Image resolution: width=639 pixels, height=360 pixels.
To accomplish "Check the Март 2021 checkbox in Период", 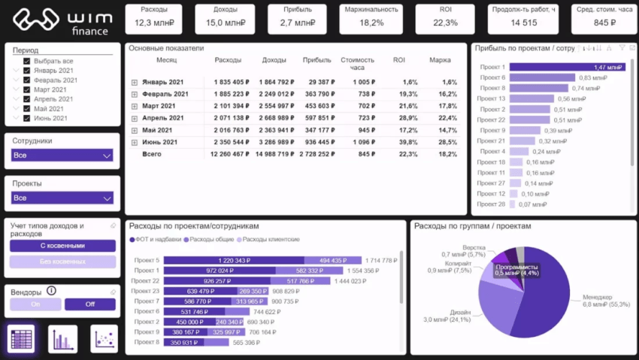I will [27, 89].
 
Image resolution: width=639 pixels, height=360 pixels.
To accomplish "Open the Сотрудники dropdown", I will [62, 156].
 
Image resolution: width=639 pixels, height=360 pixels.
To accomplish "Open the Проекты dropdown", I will [62, 198].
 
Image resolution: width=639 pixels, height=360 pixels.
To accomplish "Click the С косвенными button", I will [62, 246].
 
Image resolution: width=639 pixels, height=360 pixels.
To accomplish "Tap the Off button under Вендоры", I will [90, 304].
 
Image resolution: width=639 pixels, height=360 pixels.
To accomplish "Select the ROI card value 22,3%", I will [445, 23].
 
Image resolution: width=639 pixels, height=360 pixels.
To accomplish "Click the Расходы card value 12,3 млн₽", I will [154, 23].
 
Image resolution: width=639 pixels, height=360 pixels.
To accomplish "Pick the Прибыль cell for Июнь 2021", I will [316, 142].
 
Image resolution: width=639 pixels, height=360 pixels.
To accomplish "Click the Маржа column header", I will [440, 60].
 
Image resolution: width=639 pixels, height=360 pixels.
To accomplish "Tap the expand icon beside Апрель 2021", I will [135, 118].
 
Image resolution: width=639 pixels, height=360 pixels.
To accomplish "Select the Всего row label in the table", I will [152, 154].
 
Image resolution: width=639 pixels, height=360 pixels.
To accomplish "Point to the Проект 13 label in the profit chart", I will [492, 98].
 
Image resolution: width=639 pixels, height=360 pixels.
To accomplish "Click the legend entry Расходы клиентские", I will [268, 240].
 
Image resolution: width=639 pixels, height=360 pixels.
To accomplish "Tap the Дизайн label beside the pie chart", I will [460, 313].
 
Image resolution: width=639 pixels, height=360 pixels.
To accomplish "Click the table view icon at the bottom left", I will [20, 339].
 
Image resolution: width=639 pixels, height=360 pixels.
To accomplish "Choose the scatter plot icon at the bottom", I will [104, 339].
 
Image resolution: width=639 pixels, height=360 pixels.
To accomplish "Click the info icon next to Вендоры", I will [51, 291].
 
